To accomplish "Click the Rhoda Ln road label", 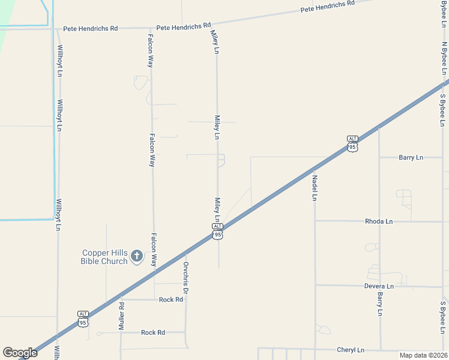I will pyautogui.click(x=378, y=221).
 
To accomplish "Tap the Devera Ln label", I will pyautogui.click(x=378, y=286).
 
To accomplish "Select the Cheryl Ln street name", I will pyautogui.click(x=350, y=350).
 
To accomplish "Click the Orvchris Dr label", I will pyautogui.click(x=186, y=277).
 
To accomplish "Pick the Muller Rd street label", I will pyautogui.click(x=121, y=316).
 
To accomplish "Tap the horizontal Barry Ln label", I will pyautogui.click(x=411, y=157).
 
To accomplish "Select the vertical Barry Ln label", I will pyautogui.click(x=380, y=304).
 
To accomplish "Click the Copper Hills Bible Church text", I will pyautogui.click(x=104, y=257).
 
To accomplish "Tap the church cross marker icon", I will pyautogui.click(x=137, y=257).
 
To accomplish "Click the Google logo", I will pyautogui.click(x=20, y=353).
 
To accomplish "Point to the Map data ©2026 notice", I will pyautogui.click(x=423, y=355).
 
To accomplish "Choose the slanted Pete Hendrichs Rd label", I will pyautogui.click(x=328, y=7).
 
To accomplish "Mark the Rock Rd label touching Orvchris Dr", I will pyautogui.click(x=170, y=299).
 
